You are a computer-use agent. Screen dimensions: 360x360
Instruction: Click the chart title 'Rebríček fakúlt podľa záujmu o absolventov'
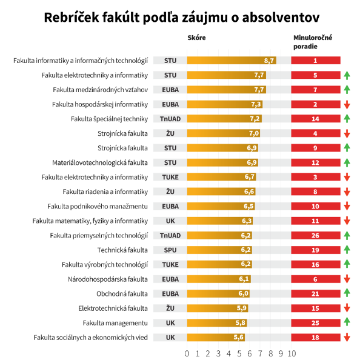182,18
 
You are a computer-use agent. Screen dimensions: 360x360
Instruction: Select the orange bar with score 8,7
232,61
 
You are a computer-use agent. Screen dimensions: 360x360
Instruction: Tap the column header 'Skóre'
196,38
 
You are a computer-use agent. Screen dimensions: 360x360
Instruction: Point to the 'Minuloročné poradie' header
313,42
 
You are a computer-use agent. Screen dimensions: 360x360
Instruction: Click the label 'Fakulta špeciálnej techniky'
109,119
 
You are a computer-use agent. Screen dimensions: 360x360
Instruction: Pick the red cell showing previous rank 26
316,235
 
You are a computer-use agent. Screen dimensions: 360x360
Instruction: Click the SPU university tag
170,250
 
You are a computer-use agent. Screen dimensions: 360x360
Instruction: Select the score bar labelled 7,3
225,104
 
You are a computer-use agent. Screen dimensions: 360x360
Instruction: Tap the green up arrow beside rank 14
347,119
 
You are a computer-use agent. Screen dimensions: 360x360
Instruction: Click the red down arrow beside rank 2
347,104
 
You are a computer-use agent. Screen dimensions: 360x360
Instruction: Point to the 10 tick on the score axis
292,353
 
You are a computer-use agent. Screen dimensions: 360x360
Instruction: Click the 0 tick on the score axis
187,353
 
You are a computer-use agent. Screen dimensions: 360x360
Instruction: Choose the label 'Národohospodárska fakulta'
108,279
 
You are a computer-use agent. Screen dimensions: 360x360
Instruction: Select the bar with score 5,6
216,338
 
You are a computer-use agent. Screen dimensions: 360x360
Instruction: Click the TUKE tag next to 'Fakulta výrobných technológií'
170,264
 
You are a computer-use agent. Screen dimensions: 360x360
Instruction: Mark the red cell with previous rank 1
316,61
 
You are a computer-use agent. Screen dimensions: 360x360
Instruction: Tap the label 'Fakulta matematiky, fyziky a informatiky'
90,221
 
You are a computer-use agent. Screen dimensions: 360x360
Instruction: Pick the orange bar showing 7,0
224,133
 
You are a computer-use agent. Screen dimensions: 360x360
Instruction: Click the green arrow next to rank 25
347,322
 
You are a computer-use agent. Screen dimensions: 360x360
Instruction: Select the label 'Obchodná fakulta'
122,294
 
